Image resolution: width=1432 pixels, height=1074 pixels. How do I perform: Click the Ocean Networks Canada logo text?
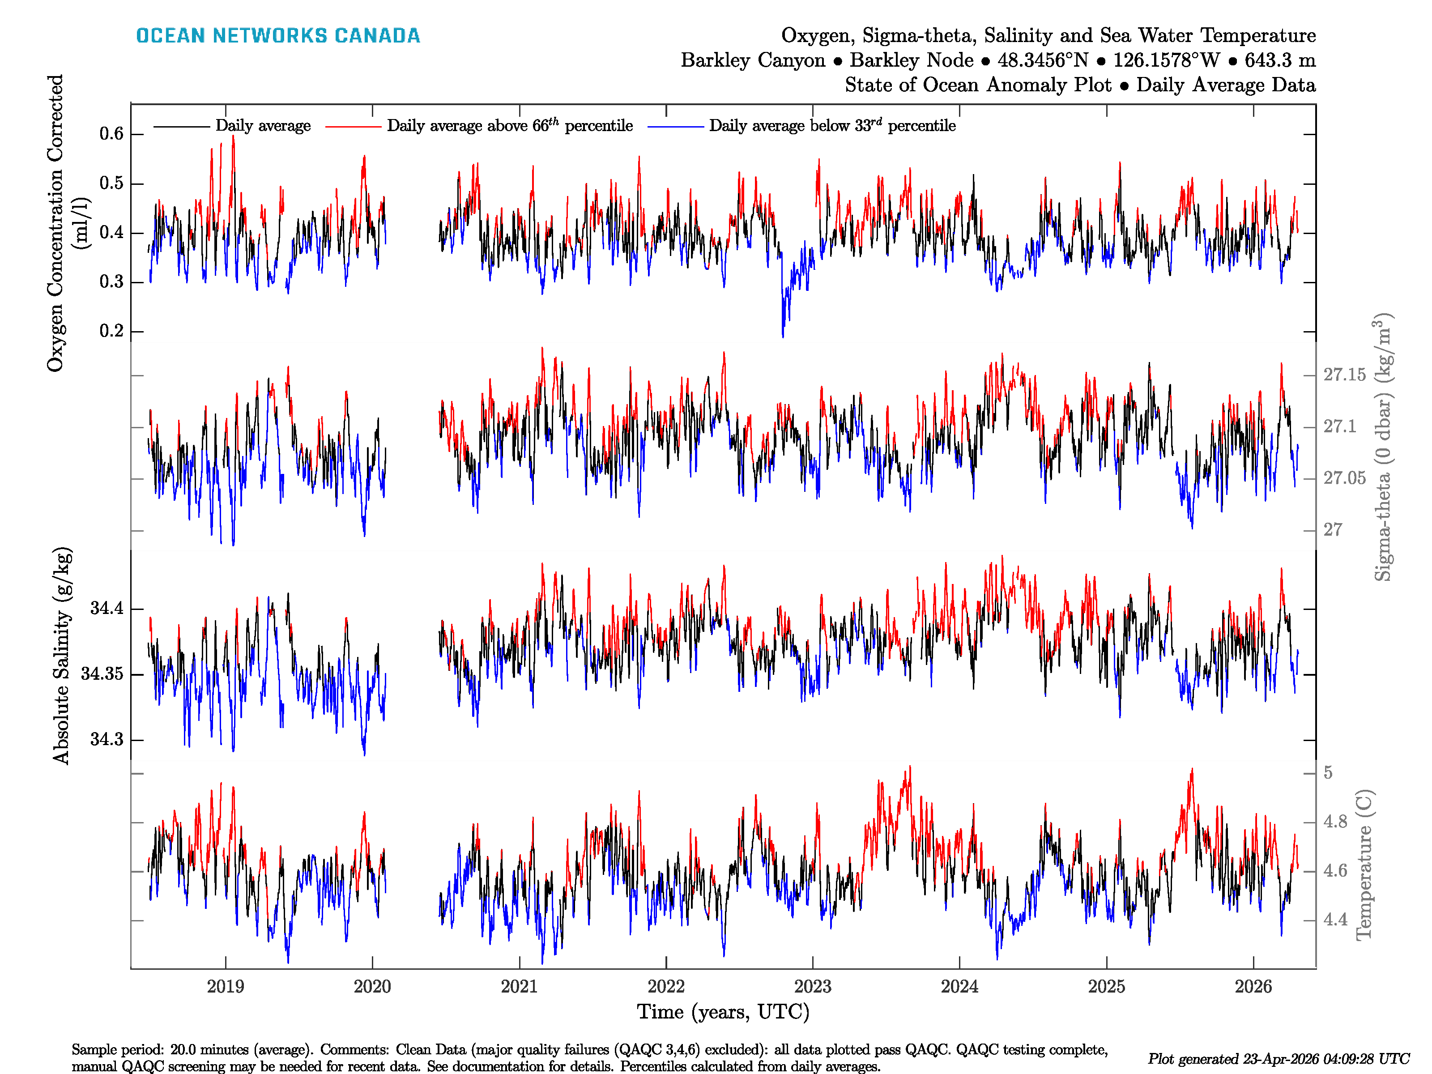[278, 36]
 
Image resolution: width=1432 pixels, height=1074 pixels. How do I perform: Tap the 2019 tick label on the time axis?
[225, 987]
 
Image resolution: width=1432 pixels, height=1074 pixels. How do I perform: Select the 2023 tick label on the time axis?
[813, 987]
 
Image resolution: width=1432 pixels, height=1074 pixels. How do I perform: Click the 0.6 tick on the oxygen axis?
[111, 134]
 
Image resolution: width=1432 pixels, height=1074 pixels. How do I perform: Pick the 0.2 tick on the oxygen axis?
[111, 331]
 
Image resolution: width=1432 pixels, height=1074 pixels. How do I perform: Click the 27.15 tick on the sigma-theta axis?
[1344, 375]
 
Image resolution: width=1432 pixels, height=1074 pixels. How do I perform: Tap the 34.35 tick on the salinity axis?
[102, 674]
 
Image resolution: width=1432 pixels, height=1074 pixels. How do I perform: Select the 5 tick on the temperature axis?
[1328, 773]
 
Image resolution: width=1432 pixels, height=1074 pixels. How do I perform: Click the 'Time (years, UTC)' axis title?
[723, 1012]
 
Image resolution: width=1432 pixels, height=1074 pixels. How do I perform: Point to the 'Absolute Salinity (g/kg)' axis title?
[61, 656]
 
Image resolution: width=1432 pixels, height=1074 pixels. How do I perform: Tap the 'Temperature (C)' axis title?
[1364, 864]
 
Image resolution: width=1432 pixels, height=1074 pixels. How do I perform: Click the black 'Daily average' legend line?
[181, 126]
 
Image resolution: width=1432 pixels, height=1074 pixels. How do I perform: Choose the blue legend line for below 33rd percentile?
[675, 126]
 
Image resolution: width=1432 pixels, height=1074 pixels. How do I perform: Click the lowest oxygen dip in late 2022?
[783, 335]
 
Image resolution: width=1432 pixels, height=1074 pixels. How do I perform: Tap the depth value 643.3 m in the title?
[1280, 60]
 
